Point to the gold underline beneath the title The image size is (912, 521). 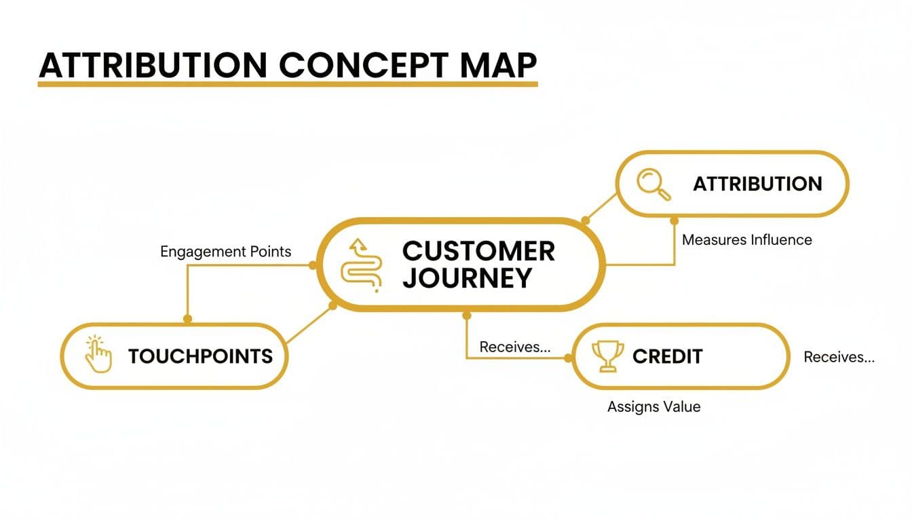(288, 85)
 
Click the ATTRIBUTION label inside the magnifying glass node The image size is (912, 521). (757, 184)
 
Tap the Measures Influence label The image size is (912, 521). (746, 239)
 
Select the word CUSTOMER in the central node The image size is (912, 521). (478, 251)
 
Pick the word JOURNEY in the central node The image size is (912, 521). (467, 278)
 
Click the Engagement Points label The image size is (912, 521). (225, 252)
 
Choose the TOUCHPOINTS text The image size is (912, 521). (200, 356)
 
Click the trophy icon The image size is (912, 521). (607, 356)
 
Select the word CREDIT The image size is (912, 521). (667, 356)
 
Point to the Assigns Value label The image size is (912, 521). (653, 407)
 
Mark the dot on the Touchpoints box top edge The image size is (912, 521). (188, 318)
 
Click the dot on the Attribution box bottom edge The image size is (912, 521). (674, 220)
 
